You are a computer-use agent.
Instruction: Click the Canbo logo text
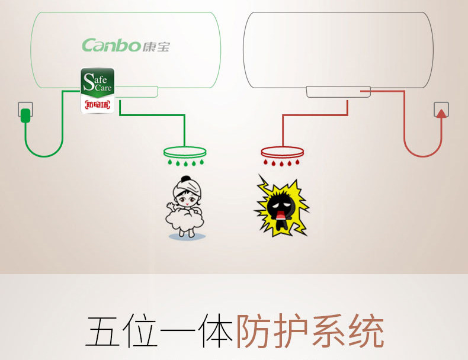click(x=111, y=45)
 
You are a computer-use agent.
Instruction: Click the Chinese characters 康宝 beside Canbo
click(x=156, y=46)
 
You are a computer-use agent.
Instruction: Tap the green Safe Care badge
click(x=97, y=83)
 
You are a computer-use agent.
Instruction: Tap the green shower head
click(x=185, y=150)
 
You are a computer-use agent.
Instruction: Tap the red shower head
click(x=281, y=151)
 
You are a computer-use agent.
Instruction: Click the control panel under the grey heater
click(x=338, y=92)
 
